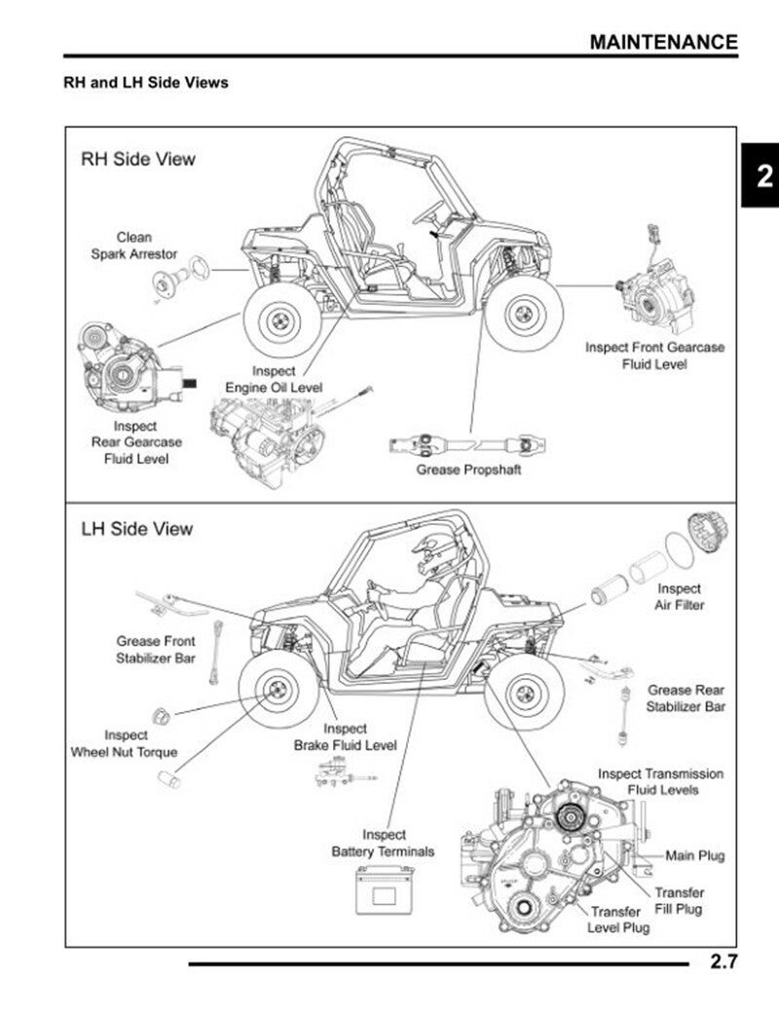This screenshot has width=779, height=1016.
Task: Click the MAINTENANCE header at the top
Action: coord(663,42)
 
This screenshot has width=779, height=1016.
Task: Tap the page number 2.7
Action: coord(723,963)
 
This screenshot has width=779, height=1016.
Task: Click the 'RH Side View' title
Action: coord(137,159)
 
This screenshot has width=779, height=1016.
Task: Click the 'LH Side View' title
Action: coord(136,529)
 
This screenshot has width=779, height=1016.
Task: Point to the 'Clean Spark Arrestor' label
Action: coord(134,245)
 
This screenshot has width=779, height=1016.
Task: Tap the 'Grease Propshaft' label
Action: coord(468,470)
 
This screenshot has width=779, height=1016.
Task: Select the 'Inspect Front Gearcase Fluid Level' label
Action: coord(654,356)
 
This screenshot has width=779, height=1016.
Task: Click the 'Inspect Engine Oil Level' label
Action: coord(274,379)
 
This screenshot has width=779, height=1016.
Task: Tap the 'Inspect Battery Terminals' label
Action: coord(384,843)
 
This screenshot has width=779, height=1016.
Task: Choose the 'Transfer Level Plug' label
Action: coord(618,919)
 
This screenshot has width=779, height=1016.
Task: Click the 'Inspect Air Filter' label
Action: coord(679,596)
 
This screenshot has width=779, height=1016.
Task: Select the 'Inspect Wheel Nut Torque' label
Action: coord(125,743)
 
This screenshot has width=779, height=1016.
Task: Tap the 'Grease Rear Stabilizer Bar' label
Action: coord(686,697)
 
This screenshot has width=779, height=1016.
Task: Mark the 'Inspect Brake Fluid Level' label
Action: coord(345,736)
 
